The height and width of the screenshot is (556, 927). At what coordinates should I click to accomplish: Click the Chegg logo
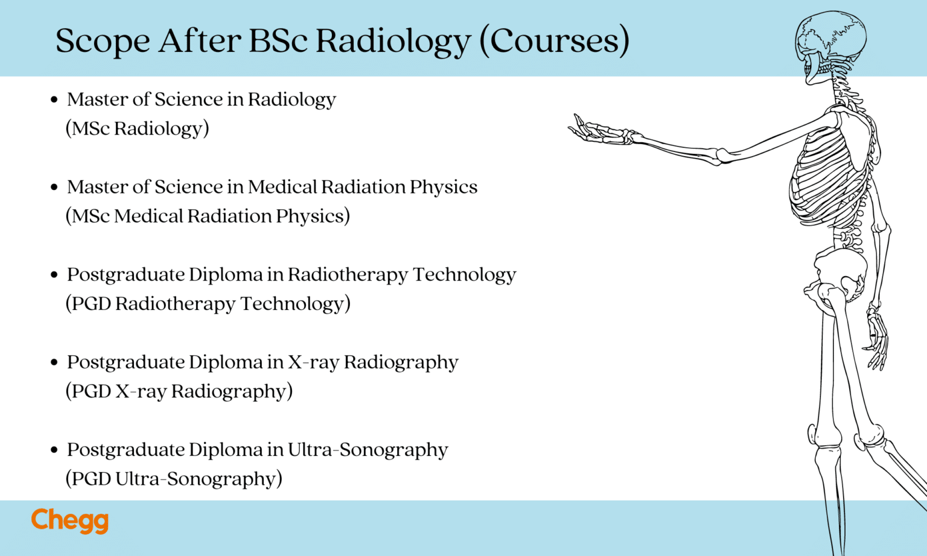[69, 520]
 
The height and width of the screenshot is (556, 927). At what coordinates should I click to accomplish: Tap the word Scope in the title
[102, 41]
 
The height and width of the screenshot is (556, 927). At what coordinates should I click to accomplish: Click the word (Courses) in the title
[554, 41]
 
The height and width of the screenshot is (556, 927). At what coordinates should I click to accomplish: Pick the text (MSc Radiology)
[138, 128]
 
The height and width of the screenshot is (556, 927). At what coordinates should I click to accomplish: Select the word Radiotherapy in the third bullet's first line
[348, 274]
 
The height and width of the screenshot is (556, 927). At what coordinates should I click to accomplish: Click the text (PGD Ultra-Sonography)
[174, 479]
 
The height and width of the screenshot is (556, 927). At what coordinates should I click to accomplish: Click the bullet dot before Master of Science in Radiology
[54, 100]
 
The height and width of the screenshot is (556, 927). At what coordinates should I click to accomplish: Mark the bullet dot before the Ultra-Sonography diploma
[54, 450]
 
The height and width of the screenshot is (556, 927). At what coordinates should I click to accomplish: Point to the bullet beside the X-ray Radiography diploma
[54, 362]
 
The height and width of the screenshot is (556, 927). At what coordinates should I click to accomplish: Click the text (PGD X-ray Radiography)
[179, 391]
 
